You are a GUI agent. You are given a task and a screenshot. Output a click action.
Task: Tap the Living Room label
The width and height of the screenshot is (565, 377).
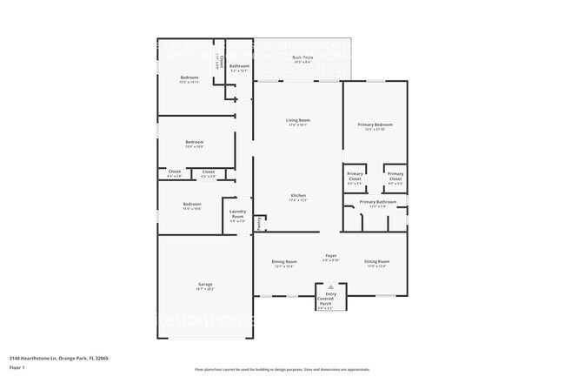[x=298, y=120]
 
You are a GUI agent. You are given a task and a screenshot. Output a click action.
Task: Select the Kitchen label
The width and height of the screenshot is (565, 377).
[x=298, y=196]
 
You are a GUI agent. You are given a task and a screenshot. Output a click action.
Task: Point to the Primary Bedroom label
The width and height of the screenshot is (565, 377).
[x=376, y=125]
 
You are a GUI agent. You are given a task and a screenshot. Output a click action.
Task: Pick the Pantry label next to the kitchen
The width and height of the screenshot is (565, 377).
[x=257, y=221]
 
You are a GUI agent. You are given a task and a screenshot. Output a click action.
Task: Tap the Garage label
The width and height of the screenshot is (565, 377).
[x=205, y=284]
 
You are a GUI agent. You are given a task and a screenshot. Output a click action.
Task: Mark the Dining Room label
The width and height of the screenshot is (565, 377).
[x=284, y=261]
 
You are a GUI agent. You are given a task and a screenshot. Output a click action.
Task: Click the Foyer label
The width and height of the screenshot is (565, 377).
[x=330, y=255]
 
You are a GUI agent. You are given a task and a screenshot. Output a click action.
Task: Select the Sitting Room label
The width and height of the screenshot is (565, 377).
[x=376, y=261]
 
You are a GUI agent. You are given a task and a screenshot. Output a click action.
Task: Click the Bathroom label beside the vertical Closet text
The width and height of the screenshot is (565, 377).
[x=239, y=66]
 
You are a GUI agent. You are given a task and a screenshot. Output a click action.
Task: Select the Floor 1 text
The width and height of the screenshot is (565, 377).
[x=18, y=368]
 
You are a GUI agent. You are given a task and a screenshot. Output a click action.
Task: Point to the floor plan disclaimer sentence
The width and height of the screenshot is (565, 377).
[x=282, y=370]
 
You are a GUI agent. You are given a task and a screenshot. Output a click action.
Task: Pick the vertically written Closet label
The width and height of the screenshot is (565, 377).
[x=222, y=62]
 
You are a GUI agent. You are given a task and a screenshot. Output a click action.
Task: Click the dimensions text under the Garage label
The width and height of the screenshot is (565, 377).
[x=205, y=289]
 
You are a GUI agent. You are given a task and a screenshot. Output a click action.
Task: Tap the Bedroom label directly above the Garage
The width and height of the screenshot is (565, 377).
[x=193, y=205]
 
